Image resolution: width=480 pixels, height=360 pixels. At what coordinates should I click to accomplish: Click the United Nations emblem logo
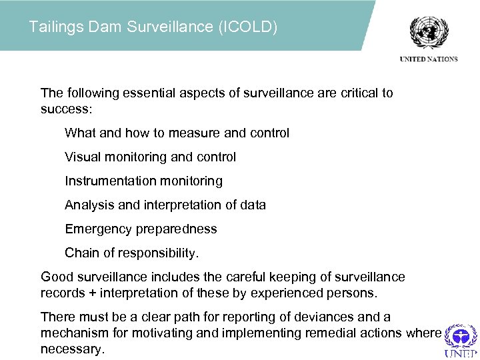[429, 32]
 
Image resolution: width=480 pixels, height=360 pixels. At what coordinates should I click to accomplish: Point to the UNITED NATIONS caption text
[429, 59]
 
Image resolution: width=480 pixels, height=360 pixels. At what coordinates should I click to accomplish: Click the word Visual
[81, 157]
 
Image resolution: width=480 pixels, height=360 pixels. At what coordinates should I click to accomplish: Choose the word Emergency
[98, 229]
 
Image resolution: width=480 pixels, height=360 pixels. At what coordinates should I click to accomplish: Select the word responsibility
[158, 253]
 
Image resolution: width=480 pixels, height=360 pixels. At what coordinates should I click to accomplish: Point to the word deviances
[316, 317]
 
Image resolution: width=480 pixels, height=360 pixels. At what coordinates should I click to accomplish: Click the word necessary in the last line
[72, 349]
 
